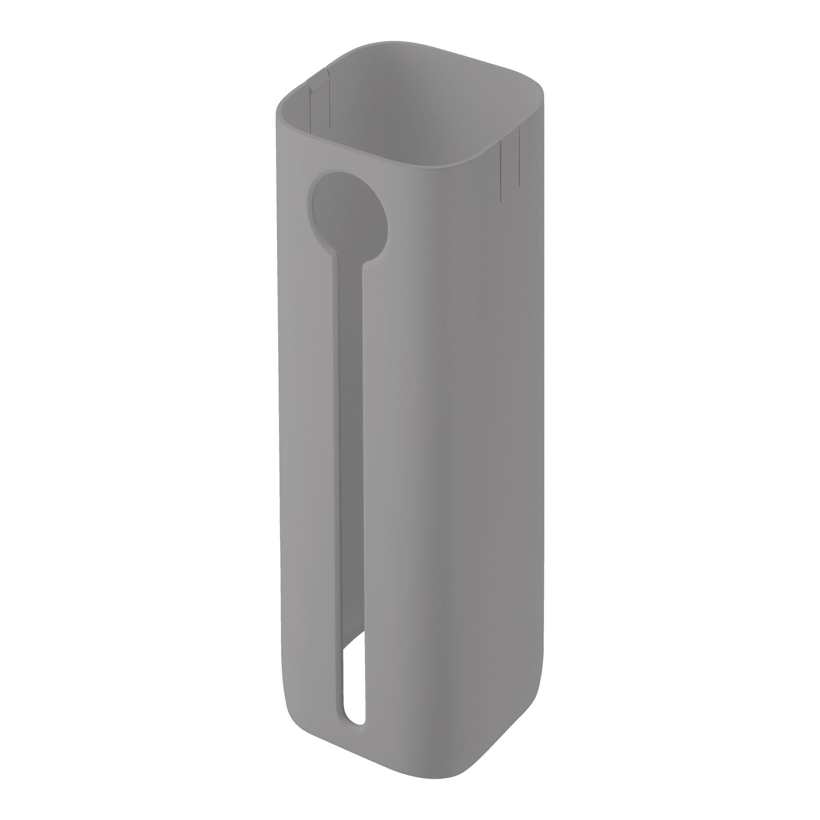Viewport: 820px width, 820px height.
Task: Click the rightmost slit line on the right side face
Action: [519, 157]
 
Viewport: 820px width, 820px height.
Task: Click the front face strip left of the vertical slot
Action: [308, 467]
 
